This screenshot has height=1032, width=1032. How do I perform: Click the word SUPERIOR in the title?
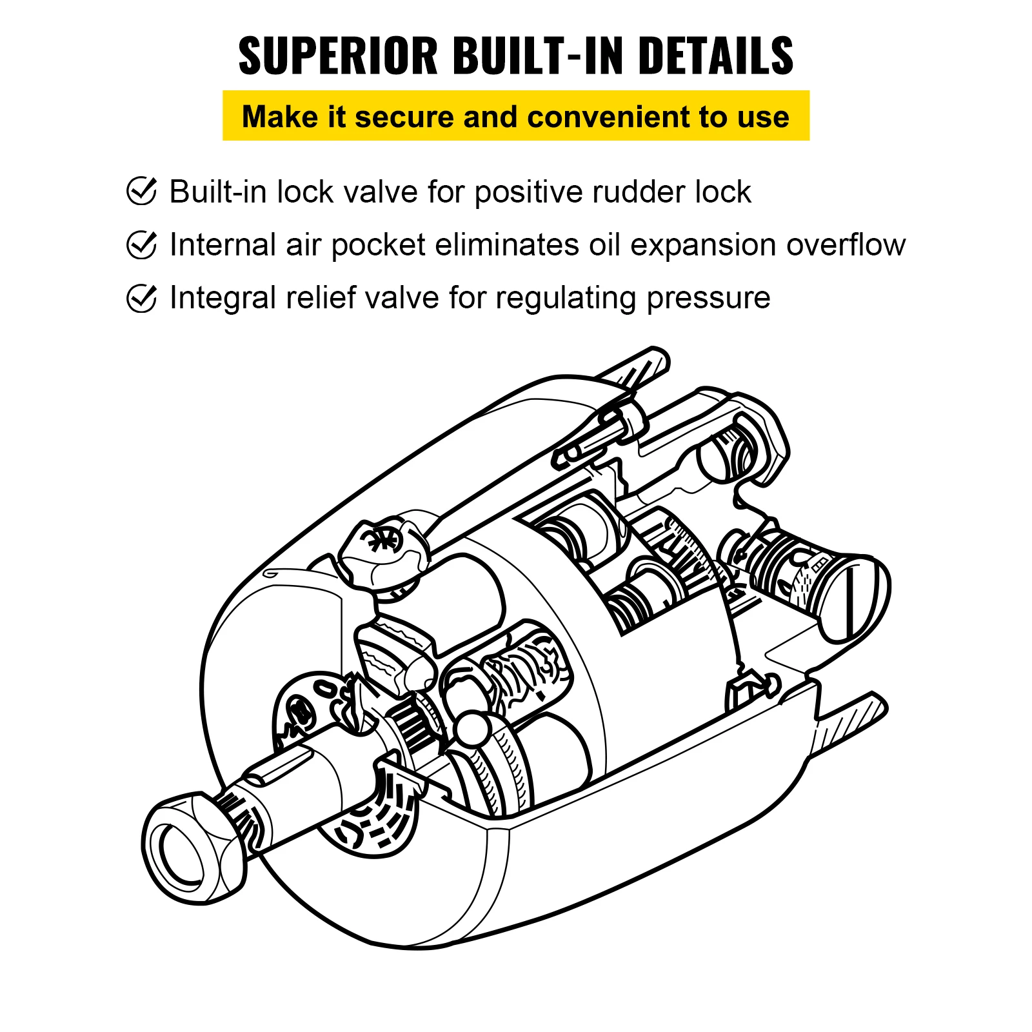338,56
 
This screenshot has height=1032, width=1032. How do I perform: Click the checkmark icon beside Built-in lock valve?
141,191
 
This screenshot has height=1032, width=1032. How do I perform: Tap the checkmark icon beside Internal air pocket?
141,244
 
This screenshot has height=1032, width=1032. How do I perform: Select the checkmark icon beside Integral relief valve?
141,297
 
